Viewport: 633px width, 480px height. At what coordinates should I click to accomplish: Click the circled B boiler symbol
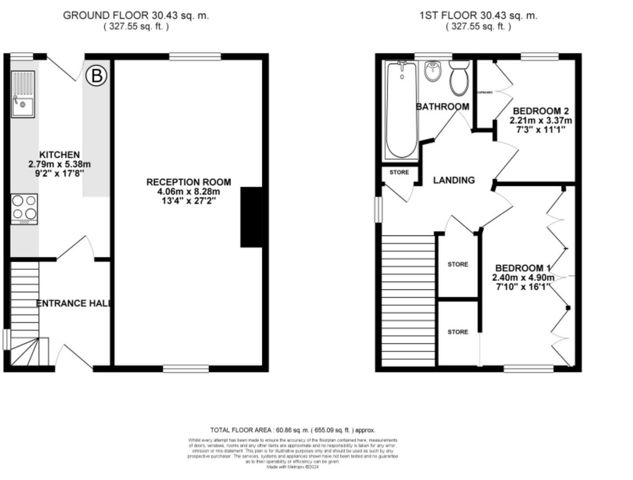96,76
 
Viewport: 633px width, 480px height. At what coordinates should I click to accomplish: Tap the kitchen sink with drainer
23,94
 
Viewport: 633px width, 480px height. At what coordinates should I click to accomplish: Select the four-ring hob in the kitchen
24,209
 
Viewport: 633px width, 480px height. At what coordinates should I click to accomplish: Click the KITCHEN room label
60,155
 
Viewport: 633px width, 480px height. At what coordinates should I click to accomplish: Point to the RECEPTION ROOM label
188,182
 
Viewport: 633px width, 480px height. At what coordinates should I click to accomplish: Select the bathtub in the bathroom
402,110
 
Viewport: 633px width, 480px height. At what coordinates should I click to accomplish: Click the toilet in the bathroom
459,78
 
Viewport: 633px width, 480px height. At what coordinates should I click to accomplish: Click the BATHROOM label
442,107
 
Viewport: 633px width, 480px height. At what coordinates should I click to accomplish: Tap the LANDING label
454,180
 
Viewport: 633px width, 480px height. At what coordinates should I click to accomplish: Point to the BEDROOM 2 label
541,111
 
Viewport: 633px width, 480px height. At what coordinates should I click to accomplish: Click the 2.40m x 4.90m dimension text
523,278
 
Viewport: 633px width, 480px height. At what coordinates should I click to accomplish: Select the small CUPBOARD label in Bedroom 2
485,92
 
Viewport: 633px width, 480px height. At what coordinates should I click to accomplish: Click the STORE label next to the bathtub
399,172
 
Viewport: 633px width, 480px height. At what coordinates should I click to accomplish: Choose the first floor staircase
408,300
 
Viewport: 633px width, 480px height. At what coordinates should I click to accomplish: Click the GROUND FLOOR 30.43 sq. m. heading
136,15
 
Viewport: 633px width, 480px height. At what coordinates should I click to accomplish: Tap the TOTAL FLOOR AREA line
292,430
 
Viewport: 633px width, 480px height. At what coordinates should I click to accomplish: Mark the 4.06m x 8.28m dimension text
188,192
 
